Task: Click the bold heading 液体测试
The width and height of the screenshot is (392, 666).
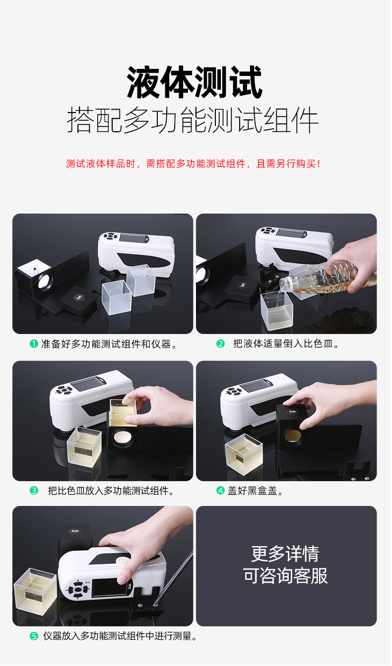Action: (x=195, y=82)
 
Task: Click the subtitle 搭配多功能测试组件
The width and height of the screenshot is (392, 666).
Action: (x=193, y=120)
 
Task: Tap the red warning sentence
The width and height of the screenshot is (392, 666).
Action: (x=193, y=164)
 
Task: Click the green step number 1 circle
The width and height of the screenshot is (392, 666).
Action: (x=34, y=344)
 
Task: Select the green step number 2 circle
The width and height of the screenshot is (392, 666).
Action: (x=220, y=344)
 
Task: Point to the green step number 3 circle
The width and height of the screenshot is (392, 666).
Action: (x=34, y=490)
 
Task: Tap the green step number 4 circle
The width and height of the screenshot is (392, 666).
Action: (x=220, y=490)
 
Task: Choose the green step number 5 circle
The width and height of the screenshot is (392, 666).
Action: (x=34, y=636)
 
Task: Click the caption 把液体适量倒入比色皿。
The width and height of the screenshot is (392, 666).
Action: (x=286, y=344)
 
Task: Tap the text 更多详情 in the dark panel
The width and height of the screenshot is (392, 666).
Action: (x=285, y=554)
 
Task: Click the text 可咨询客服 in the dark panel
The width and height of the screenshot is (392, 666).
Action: (x=285, y=576)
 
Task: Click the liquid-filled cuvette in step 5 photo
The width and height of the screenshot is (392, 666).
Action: (x=35, y=591)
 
